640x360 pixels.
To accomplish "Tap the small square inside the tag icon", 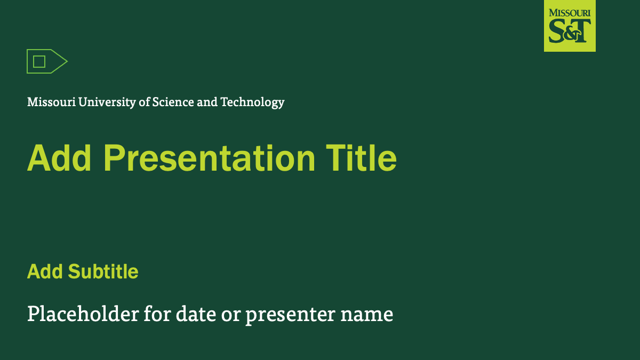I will (39, 61).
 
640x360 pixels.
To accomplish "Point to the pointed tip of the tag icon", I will (66, 61).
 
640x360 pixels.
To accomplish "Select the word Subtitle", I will (103, 272).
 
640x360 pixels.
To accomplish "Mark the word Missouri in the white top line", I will (51, 102).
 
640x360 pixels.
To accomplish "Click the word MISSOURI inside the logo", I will (570, 12).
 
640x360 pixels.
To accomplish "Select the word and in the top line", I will (207, 102).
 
